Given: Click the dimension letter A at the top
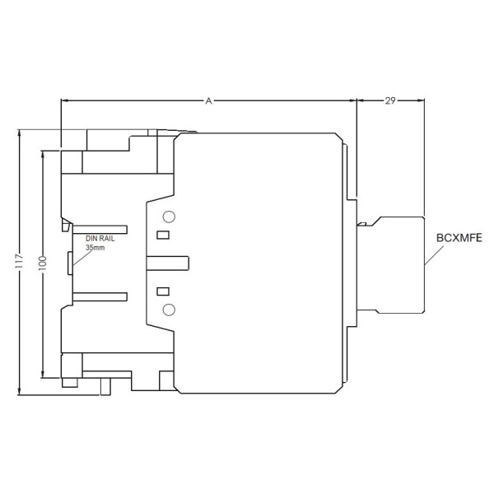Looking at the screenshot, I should tap(209, 100).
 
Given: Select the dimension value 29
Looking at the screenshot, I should tap(390, 100).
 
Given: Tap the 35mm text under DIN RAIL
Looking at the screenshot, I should tap(96, 247).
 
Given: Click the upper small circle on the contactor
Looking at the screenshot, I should tap(169, 217).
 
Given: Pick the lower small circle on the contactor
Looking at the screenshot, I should tap(169, 309).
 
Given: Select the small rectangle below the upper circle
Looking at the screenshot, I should tap(163, 235).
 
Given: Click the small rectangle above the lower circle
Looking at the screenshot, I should tap(163, 291).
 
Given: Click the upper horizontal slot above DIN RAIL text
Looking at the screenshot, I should tap(99, 226).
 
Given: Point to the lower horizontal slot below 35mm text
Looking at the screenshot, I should tap(99, 298).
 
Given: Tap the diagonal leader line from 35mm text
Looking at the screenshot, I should tap(79, 258).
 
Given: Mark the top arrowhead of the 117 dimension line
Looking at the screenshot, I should tap(18, 133).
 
